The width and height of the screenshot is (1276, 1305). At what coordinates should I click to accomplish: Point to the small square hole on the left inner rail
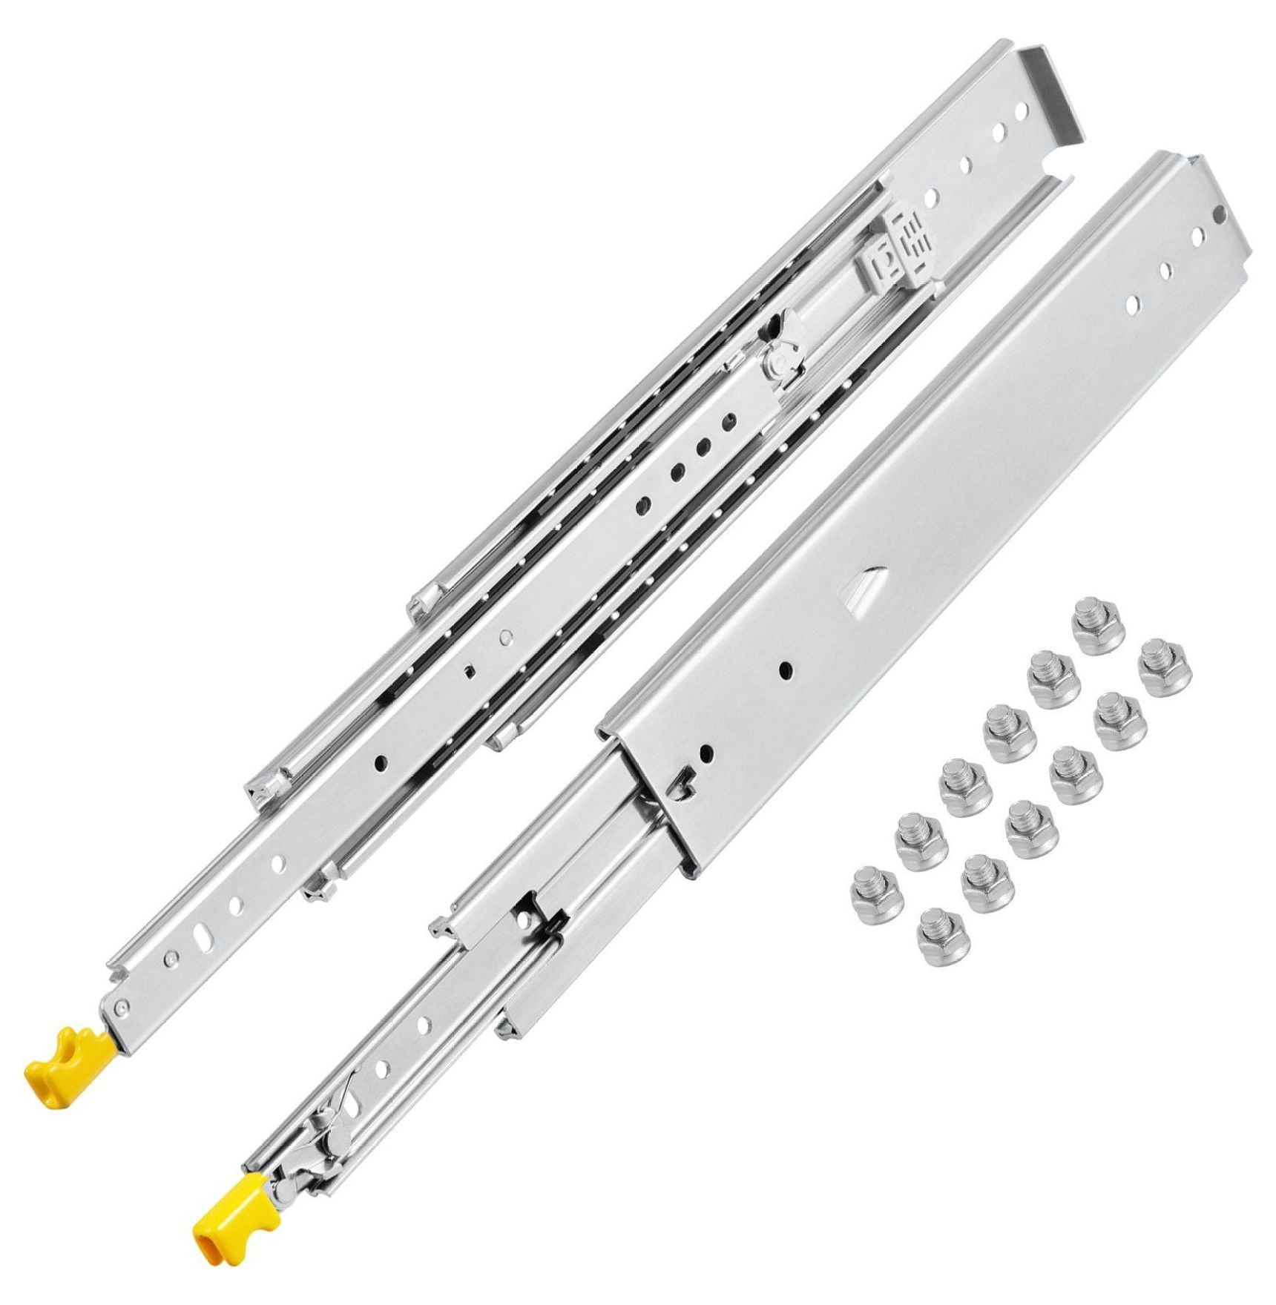tap(470, 672)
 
